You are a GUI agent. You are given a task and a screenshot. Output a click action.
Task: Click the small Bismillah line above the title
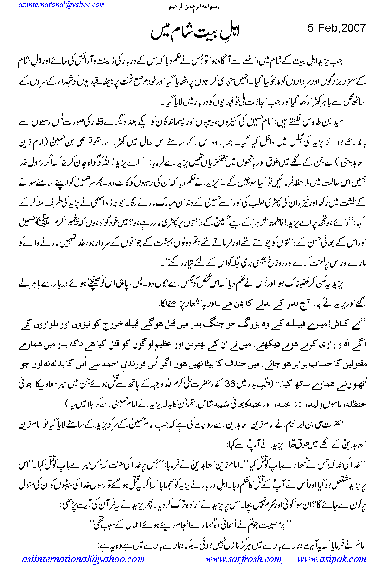click(192, 8)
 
